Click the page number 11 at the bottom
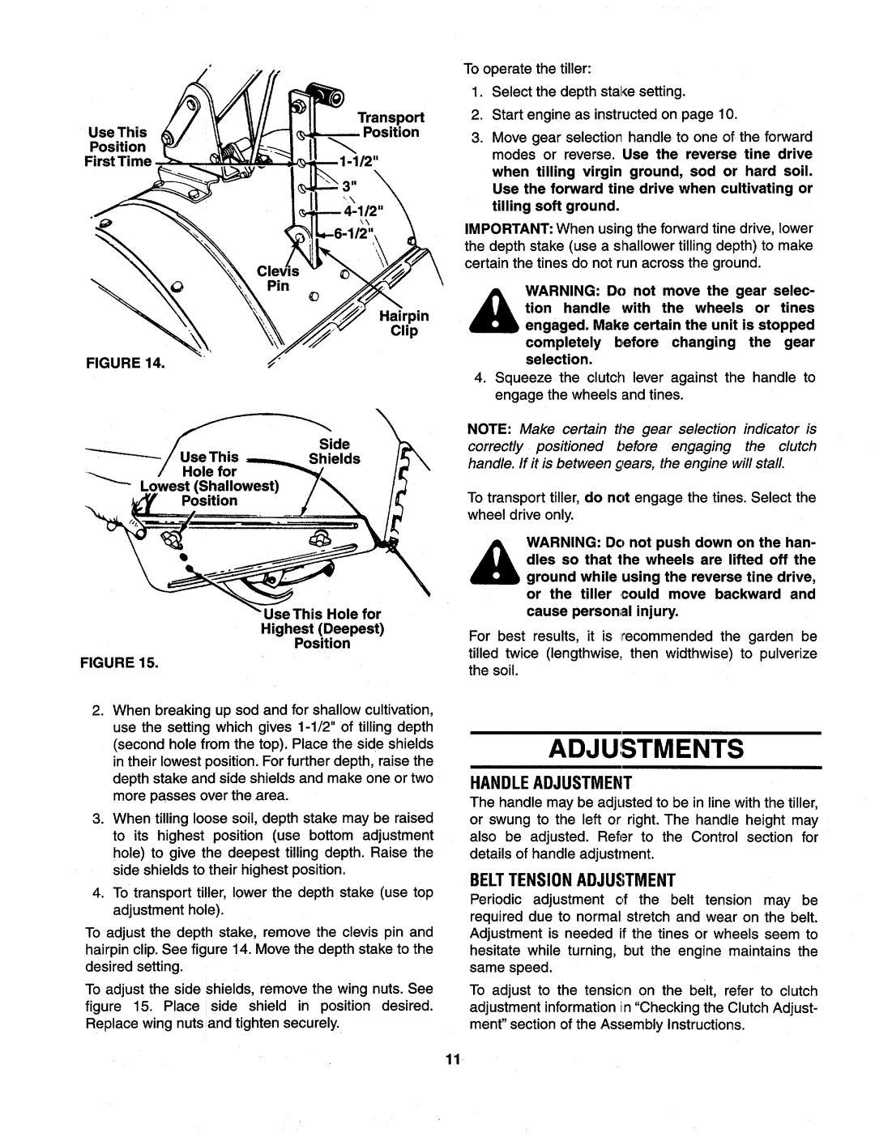[x=451, y=1062]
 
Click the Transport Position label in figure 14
[x=390, y=125]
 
